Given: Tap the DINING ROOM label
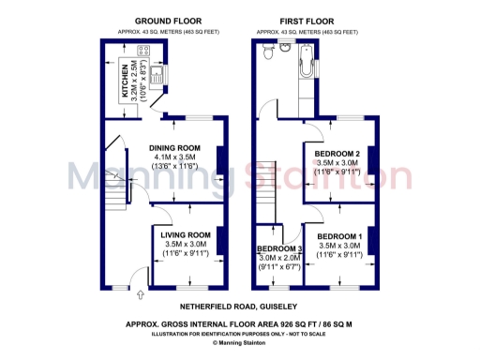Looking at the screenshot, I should pos(175,147).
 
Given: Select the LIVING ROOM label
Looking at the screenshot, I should pos(186,234).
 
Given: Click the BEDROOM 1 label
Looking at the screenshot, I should pos(340,235).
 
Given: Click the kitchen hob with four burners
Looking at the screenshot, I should pos(146,52).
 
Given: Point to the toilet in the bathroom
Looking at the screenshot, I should pos(269,52).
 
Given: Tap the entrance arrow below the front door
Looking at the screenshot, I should pos(140,295).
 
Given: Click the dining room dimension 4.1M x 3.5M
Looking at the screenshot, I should pos(175,157).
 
